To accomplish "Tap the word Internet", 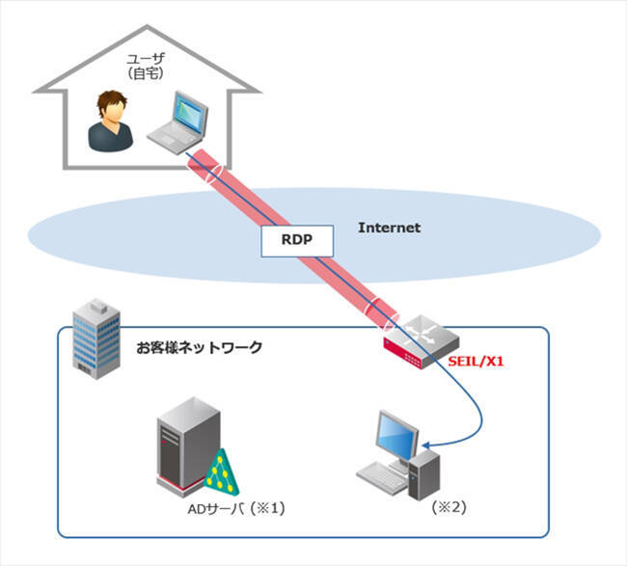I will (x=389, y=229).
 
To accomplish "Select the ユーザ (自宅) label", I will (x=149, y=65).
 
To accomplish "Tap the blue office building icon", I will (x=97, y=337).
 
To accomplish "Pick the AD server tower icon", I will (x=184, y=447).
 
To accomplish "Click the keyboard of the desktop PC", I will (x=381, y=475).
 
